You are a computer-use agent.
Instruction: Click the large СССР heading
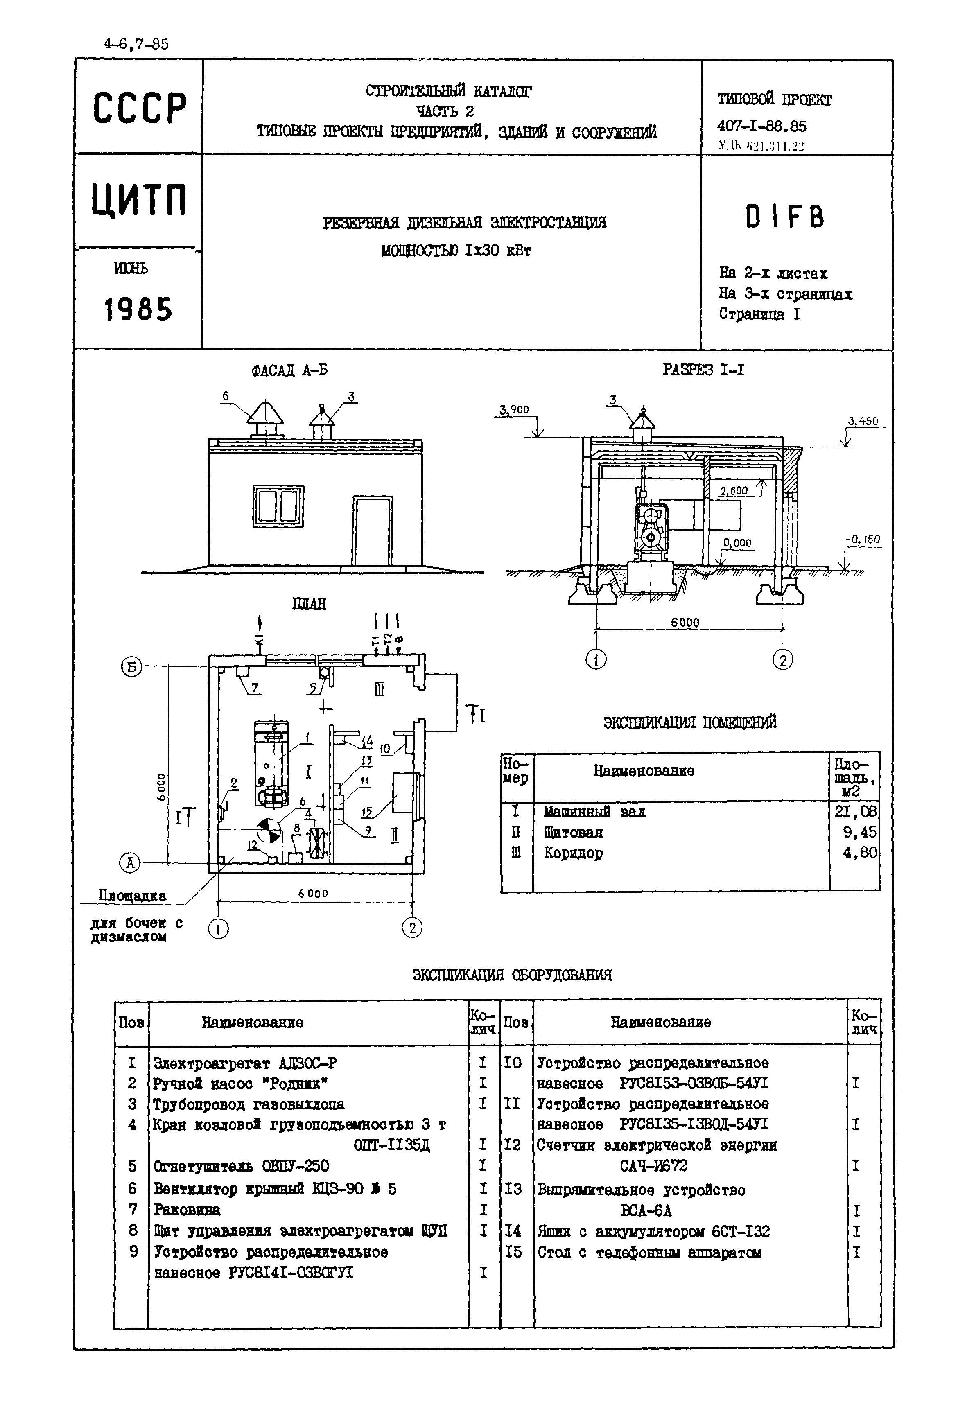point(139,108)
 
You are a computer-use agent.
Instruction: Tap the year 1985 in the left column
point(138,309)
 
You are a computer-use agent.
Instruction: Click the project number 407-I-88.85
point(761,126)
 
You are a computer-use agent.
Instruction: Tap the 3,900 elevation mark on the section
point(514,410)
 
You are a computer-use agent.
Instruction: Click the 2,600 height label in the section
point(733,491)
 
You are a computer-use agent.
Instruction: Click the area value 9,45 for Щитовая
point(860,832)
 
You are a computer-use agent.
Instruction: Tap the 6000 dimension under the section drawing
point(685,622)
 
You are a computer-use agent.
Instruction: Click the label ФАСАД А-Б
point(289,370)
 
